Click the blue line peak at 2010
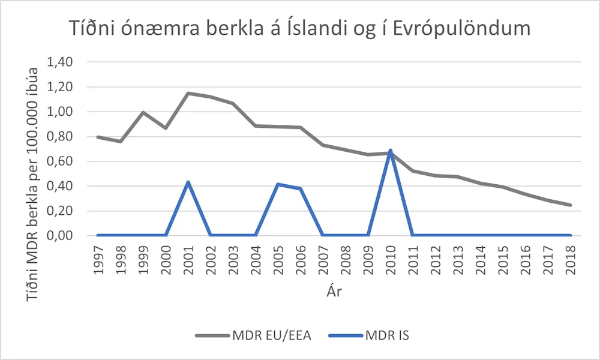(391, 151)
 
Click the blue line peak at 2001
(188, 182)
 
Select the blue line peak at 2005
(278, 184)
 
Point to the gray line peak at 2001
(188, 93)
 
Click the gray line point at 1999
(143, 112)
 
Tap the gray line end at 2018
(571, 205)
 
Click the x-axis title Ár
(334, 292)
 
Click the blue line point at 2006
(301, 188)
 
